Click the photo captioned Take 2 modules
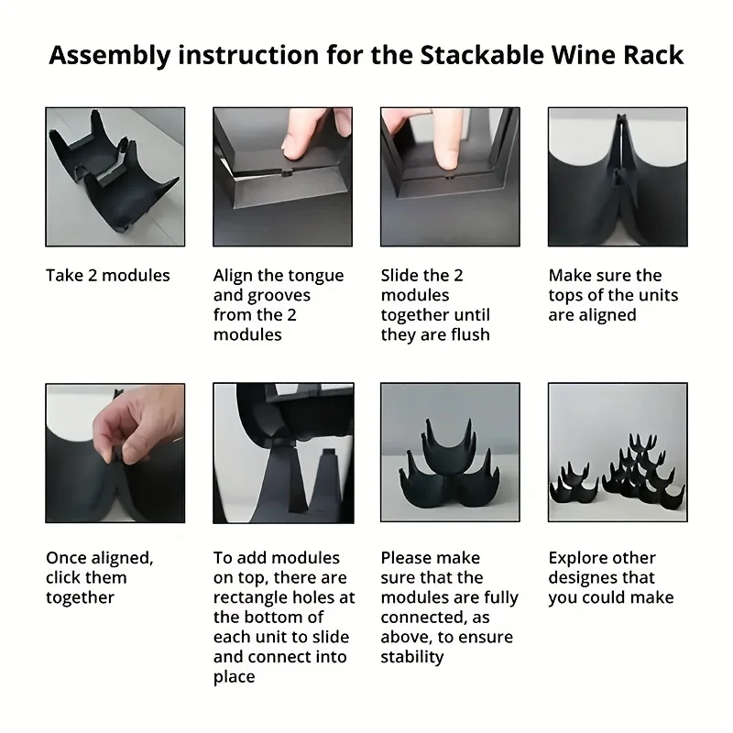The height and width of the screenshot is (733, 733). point(115,177)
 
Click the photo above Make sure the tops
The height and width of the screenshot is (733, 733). point(617,177)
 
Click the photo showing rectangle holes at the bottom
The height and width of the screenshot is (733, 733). point(282,453)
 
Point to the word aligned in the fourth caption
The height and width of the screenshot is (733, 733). point(607,315)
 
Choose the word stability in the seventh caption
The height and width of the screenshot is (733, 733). point(412,657)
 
